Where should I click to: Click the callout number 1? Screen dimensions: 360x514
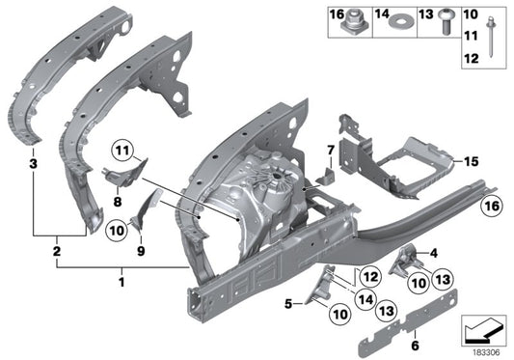coord(121,284)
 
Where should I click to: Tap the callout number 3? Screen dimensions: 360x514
coord(33,165)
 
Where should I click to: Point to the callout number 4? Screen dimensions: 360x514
coord(433,253)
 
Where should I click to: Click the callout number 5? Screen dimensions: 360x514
coord(288,301)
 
